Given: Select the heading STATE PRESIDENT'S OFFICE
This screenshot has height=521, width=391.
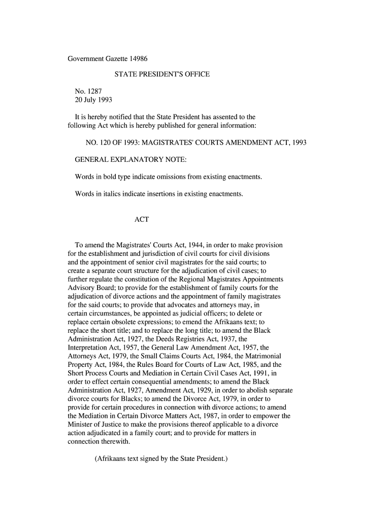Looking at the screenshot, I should (162, 75).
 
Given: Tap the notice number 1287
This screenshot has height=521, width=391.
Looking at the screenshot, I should (95, 92).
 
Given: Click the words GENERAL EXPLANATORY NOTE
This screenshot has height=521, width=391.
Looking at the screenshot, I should (131, 160).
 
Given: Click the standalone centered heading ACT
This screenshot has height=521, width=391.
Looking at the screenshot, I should (141, 220).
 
